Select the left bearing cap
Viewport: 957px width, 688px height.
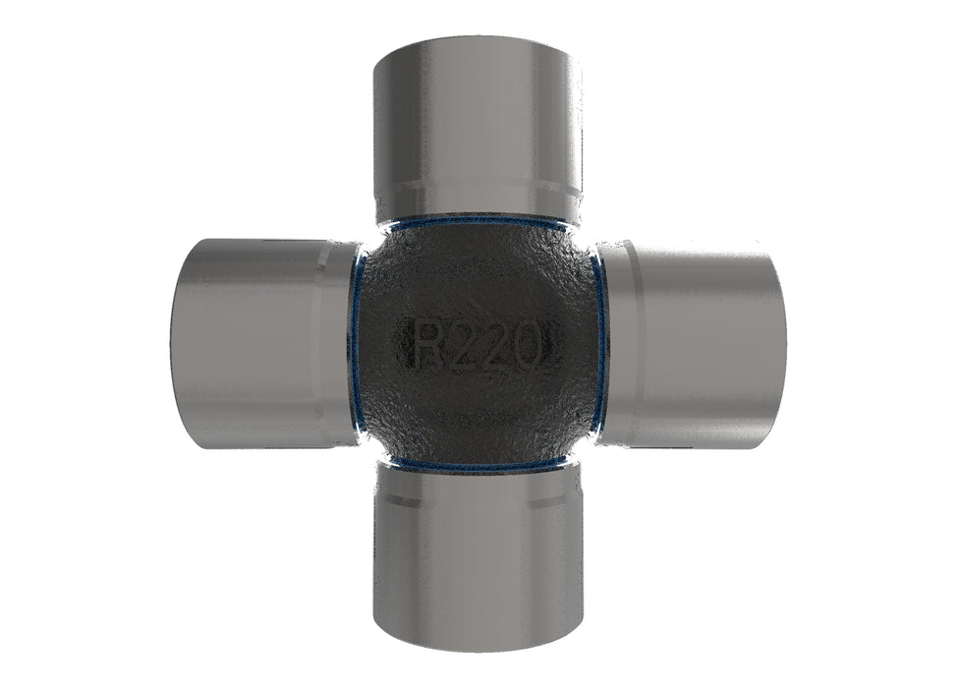[263, 344]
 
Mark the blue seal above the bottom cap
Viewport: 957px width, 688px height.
[477, 468]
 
